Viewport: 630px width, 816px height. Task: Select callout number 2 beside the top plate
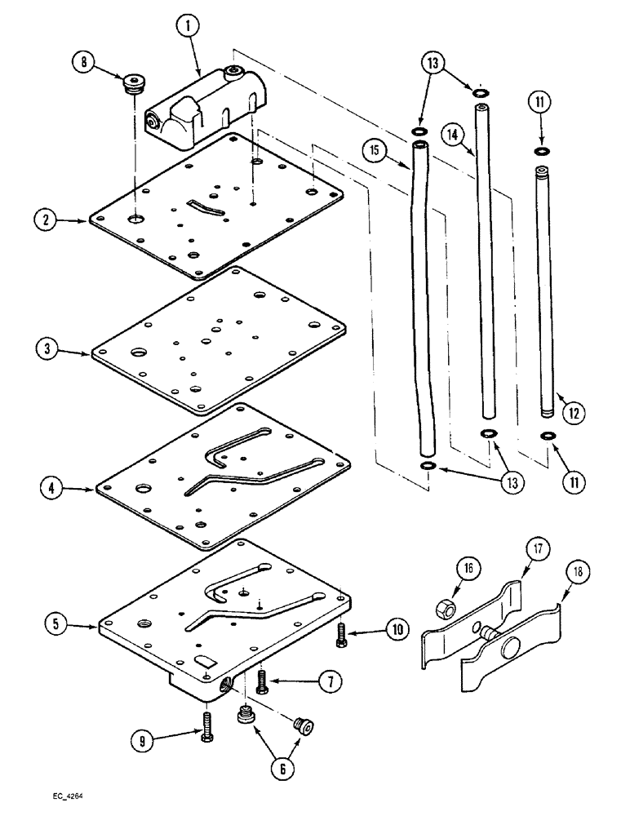[x=46, y=220]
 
